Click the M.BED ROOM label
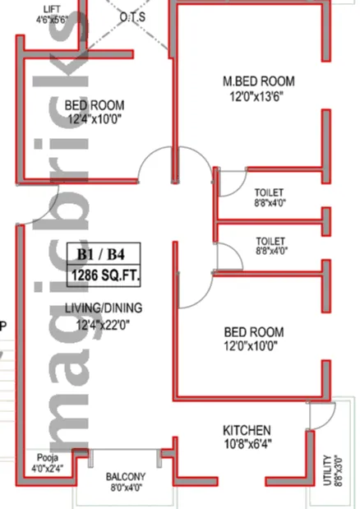pyautogui.click(x=258, y=81)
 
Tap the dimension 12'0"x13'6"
pyautogui.click(x=256, y=96)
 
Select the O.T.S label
pyautogui.click(x=132, y=17)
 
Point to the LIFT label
pyautogui.click(x=52, y=9)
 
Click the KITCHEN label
pyautogui.click(x=247, y=430)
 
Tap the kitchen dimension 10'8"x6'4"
pyautogui.click(x=247, y=443)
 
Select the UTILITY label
pyautogui.click(x=328, y=470)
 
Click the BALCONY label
pyautogui.click(x=126, y=477)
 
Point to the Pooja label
pyautogui.click(x=48, y=458)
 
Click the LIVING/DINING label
pyautogui.click(x=104, y=308)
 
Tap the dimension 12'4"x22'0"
pyautogui.click(x=103, y=324)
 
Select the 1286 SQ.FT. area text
pyautogui.click(x=104, y=275)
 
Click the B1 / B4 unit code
pyautogui.click(x=100, y=254)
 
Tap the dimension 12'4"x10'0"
pyautogui.click(x=95, y=119)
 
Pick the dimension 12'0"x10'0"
pyautogui.click(x=251, y=346)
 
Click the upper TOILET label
pyautogui.click(x=269, y=192)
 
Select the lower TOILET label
pyautogui.click(x=270, y=241)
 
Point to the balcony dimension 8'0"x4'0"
pyautogui.click(x=126, y=488)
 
